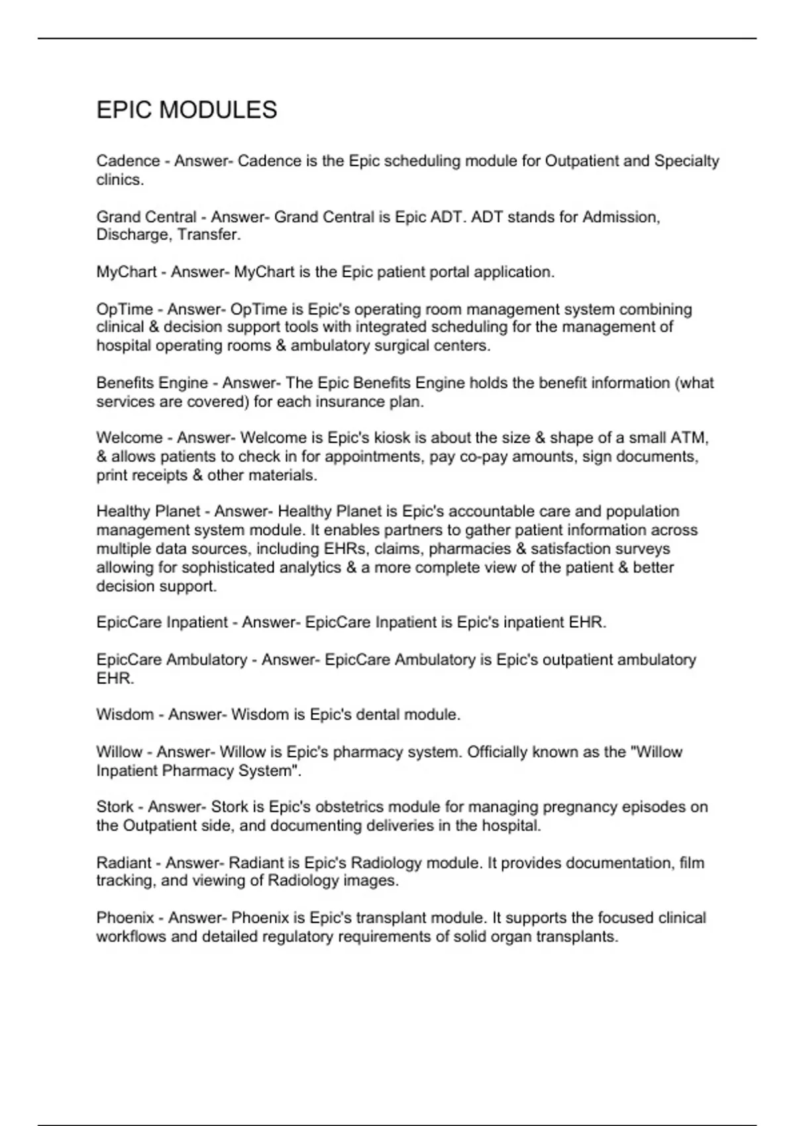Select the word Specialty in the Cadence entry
coord(686,162)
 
